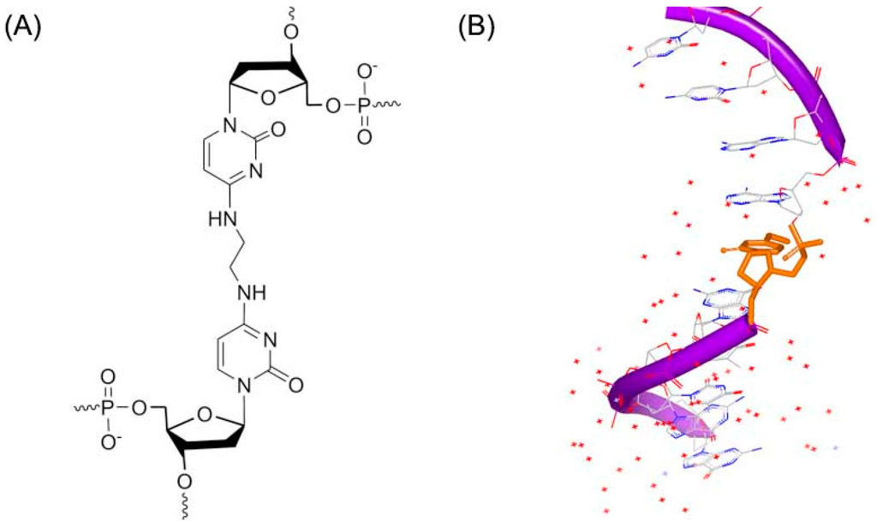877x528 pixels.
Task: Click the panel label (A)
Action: (23, 27)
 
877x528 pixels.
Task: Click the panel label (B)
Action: (477, 27)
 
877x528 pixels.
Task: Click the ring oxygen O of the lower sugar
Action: (206, 417)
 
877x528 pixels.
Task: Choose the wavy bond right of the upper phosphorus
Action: (390, 105)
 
